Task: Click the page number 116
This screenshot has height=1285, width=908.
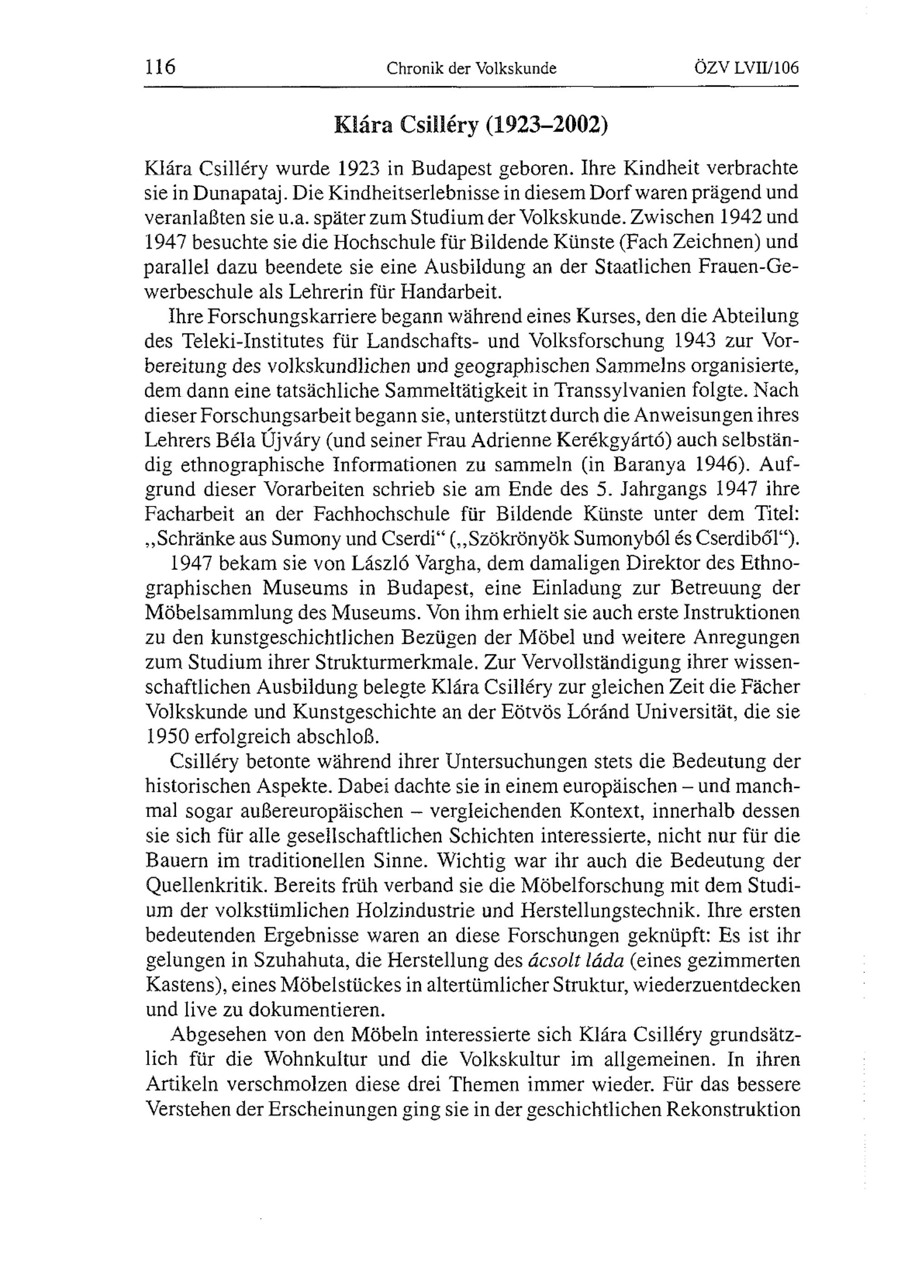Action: [x=160, y=68]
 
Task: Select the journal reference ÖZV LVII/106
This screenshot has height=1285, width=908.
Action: [x=745, y=68]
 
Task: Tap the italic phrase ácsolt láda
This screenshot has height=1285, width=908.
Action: [x=576, y=960]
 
